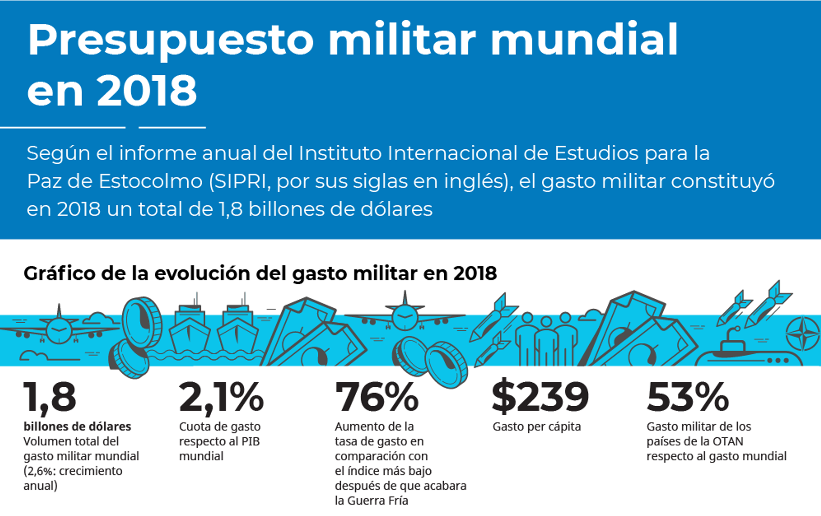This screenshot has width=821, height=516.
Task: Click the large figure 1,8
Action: click(50, 397)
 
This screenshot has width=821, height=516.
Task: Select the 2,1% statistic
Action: click(221, 397)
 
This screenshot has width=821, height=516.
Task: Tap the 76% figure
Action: click(377, 397)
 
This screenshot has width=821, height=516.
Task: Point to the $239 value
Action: click(540, 397)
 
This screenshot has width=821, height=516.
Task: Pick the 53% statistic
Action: click(688, 397)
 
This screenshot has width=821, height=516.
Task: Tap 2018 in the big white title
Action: click(147, 91)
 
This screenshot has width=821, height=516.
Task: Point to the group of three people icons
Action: click(546, 340)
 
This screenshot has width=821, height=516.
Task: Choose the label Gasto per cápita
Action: click(537, 427)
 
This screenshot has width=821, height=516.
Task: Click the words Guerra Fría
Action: click(378, 501)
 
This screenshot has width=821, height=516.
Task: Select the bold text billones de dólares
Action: click(77, 427)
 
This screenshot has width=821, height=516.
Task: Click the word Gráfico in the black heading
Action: click(59, 274)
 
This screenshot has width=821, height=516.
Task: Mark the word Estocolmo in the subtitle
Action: click(151, 181)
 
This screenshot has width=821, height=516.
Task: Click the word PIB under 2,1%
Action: click(251, 441)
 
